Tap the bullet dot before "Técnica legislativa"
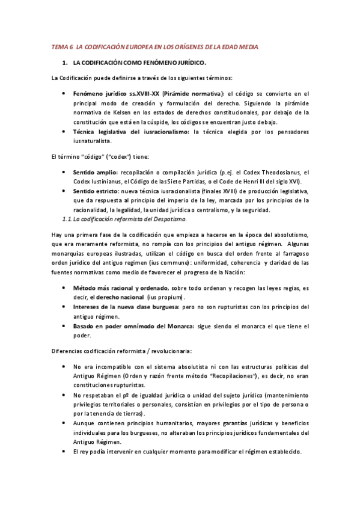pos(64,131)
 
